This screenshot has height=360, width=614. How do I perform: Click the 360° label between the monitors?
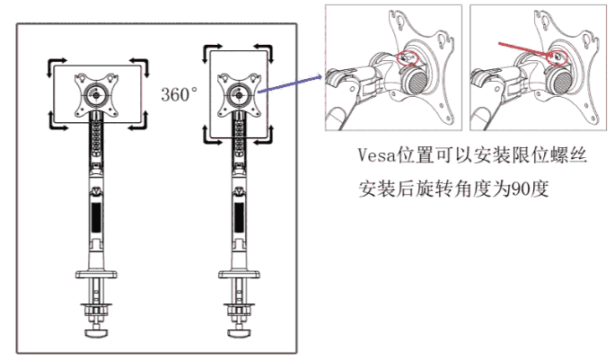pyautogui.click(x=179, y=93)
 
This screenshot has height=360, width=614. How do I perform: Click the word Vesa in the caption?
pyautogui.click(x=372, y=158)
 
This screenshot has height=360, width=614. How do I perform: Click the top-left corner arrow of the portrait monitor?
pyautogui.click(x=212, y=46)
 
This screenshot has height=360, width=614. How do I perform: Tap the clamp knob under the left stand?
pyautogui.click(x=96, y=334)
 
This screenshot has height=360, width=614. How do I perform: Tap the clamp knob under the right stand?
pyautogui.click(x=240, y=334)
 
